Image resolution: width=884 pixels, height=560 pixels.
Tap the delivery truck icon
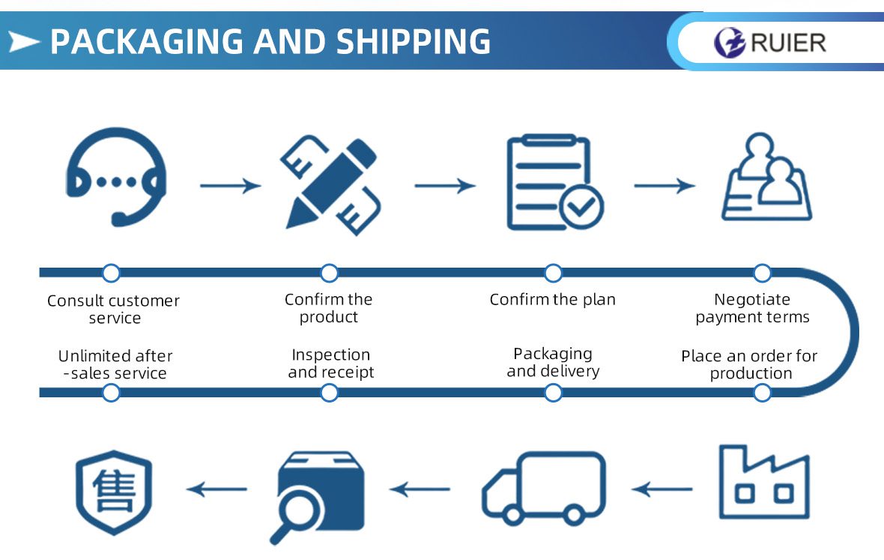(543, 487)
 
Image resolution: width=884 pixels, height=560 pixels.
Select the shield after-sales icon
(115, 492)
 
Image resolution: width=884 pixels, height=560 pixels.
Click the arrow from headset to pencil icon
(231, 185)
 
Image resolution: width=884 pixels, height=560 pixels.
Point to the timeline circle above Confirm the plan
(553, 273)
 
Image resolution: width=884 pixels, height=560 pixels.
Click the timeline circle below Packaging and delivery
(553, 392)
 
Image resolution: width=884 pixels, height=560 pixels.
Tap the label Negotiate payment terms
(752, 308)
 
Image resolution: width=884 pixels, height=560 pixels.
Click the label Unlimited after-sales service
(115, 364)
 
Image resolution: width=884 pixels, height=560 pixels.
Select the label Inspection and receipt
(330, 364)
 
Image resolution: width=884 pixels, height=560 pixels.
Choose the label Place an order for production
(750, 364)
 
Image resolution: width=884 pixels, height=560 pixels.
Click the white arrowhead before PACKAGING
(25, 41)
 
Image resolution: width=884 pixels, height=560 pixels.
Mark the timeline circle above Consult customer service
(111, 273)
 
